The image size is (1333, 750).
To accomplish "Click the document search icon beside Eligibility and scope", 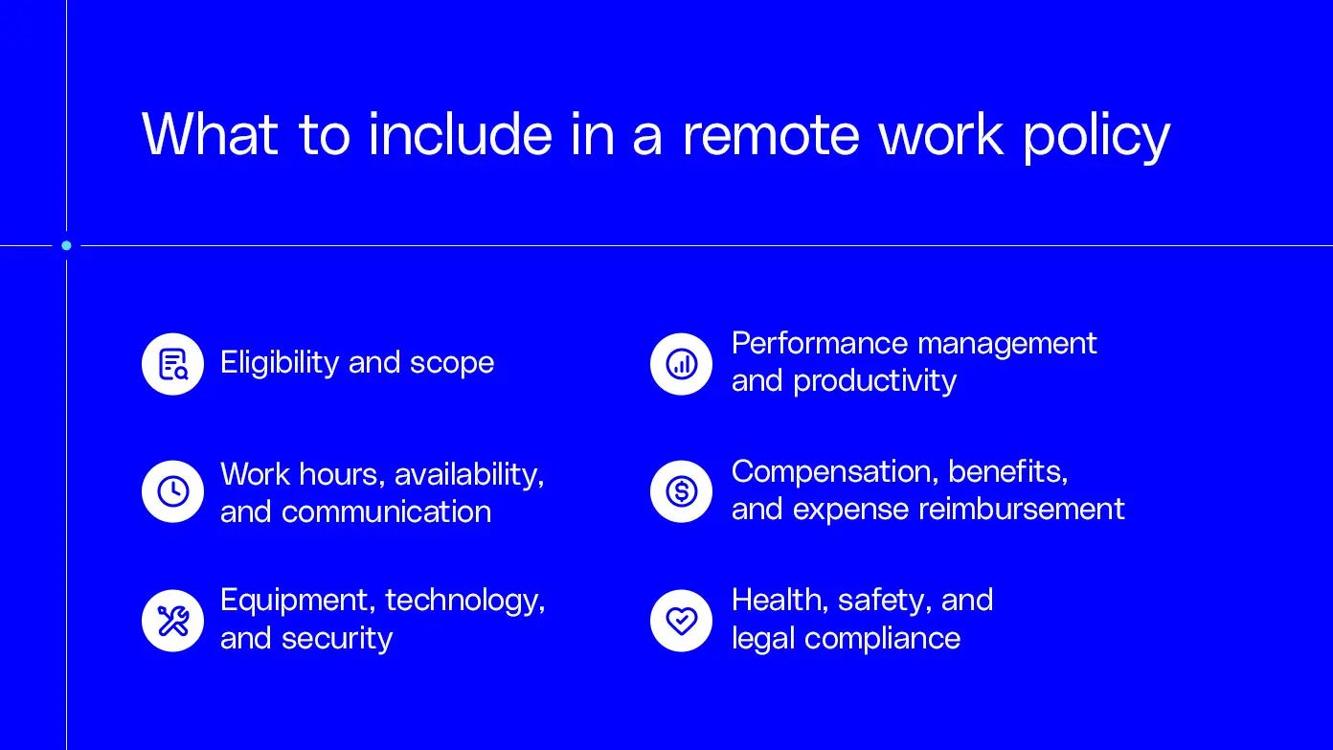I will pos(172,364).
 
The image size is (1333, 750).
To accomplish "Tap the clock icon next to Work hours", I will pos(172,491).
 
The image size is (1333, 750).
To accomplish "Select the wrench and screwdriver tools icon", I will pos(172,621).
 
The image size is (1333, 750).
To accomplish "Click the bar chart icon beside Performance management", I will pos(681,364).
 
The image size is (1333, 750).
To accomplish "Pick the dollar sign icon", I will pos(681,491).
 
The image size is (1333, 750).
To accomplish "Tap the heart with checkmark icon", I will pos(681,621).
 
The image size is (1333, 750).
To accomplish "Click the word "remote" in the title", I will pos(771,134).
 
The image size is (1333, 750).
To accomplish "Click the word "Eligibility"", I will pos(280,363).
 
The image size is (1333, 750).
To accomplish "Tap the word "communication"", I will pos(386,511).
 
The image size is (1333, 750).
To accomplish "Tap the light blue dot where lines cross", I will pos(66,245).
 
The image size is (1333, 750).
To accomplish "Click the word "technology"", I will pos(464,602).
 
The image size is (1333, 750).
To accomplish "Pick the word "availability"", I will pos(468,474).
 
